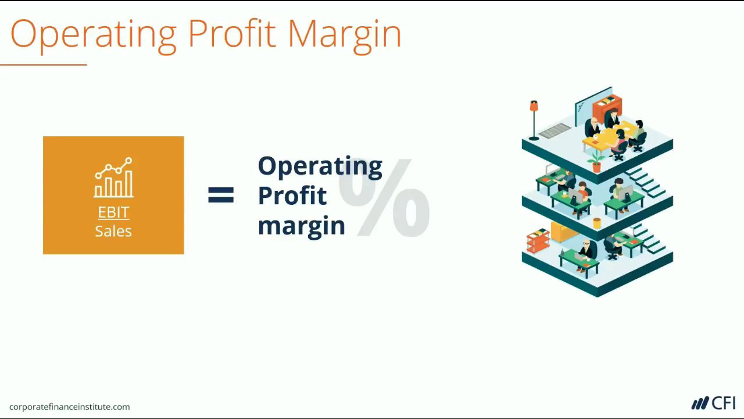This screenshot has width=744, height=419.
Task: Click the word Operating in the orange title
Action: [94, 35]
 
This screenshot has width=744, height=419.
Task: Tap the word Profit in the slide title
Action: [232, 33]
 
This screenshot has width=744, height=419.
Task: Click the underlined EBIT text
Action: [113, 212]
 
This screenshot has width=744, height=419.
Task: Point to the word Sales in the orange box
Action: [113, 231]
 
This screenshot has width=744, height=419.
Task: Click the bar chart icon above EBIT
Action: [113, 177]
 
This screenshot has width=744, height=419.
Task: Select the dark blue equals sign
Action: [221, 195]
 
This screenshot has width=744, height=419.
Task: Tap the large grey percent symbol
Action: [384, 197]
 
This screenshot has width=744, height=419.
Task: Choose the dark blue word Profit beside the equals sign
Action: [292, 195]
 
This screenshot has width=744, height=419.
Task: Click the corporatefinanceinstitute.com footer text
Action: [69, 407]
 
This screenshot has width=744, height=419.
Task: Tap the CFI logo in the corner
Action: [713, 403]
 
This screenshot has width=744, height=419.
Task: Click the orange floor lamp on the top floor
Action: [534, 120]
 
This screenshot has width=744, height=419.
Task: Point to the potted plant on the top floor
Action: [596, 161]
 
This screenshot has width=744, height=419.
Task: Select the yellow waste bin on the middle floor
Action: [597, 223]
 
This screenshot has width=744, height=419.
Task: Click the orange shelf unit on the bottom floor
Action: [538, 240]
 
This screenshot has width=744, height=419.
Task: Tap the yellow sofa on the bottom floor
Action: [564, 232]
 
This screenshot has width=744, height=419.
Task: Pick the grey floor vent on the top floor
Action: [555, 130]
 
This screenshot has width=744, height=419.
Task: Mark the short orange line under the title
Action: [44, 65]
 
